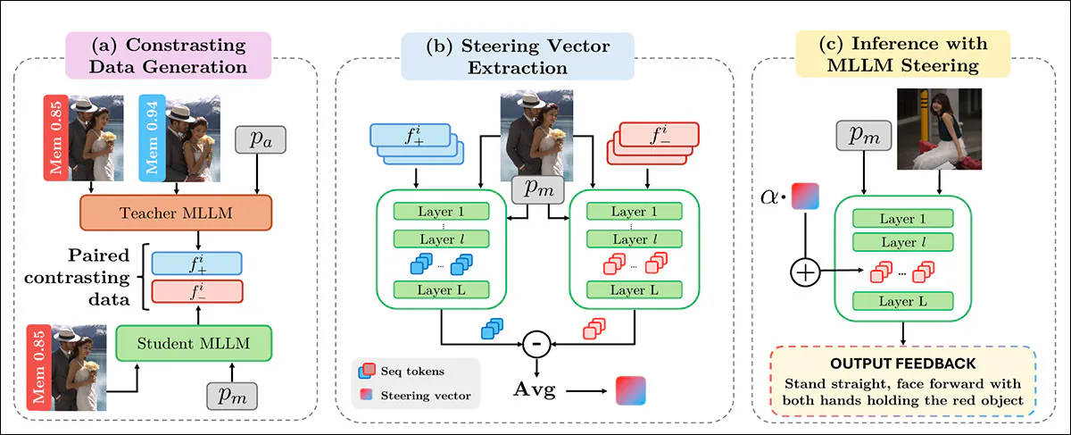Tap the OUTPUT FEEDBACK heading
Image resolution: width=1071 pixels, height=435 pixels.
click(902, 364)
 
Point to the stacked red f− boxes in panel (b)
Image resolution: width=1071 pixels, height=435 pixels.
click(653, 142)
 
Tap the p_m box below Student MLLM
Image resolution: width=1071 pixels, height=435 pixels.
click(231, 392)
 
